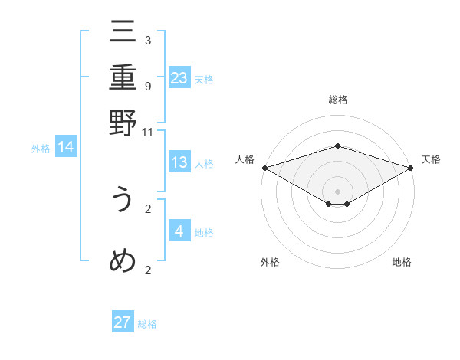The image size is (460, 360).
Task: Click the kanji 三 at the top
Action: pos(123,33)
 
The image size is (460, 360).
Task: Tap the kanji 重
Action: pos(123,78)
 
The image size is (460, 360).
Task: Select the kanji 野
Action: pos(123,124)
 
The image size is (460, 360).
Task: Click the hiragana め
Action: pos(123,261)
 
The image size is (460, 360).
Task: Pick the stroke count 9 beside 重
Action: pos(148,86)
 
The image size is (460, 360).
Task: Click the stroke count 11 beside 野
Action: pos(148,132)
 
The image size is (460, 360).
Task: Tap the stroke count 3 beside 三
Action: pos(148,40)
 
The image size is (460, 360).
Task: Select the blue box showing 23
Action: pos(179,77)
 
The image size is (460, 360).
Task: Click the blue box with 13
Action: pos(179,162)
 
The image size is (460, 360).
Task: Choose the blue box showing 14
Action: pos(66,147)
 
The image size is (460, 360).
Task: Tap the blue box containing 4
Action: pos(179,231)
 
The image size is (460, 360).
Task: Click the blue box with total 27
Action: pos(123,322)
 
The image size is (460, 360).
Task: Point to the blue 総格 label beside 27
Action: pos(147,324)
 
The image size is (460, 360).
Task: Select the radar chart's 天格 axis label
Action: pos(431,159)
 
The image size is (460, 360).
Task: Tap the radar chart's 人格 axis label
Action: pos(245,159)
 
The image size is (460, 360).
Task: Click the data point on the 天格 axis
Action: pos(410,167)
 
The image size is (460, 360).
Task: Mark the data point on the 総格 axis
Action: pos(337,146)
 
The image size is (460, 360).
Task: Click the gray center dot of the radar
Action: pos(337,190)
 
